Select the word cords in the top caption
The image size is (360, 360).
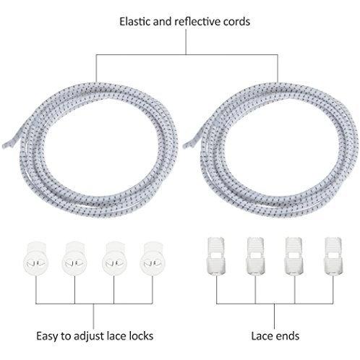236,22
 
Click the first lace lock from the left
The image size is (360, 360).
36,259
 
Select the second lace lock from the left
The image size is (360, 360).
74,259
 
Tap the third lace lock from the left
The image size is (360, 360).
114,259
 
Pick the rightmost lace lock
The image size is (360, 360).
153,259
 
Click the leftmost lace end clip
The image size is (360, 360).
216,256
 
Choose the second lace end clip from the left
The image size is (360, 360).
255,256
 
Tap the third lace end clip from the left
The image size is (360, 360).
294,256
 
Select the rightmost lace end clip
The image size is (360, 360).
333,256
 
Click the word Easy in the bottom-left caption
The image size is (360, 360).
47,336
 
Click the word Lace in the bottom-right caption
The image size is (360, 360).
262,336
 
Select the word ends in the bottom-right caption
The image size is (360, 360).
287,336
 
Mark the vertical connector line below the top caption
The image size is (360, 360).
186,42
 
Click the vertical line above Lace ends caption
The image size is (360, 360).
275,316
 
